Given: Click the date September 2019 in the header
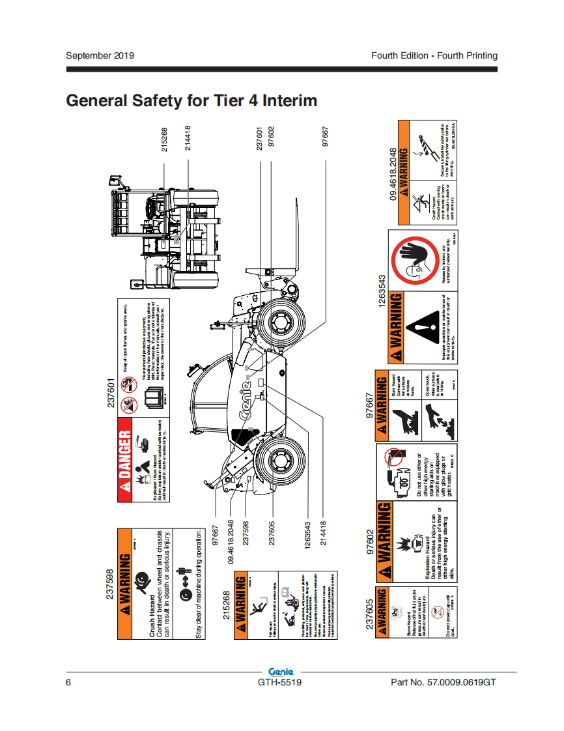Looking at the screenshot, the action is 100,55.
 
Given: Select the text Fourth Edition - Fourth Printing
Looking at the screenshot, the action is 434,55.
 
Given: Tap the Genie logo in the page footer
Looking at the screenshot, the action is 281,672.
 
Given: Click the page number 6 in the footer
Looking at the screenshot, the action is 68,682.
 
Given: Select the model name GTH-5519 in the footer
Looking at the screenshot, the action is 279,682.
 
